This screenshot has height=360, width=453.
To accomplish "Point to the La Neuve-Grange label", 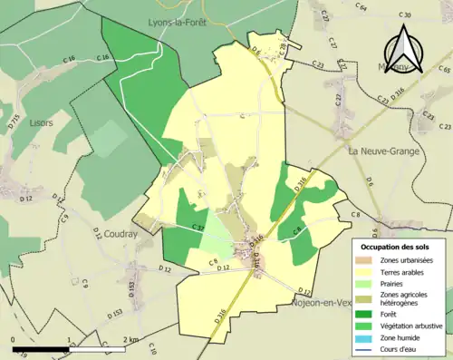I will coord(384,151).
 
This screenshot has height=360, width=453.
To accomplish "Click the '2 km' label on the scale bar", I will coord(130,339).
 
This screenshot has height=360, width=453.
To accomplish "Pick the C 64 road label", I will coord(361,7).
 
